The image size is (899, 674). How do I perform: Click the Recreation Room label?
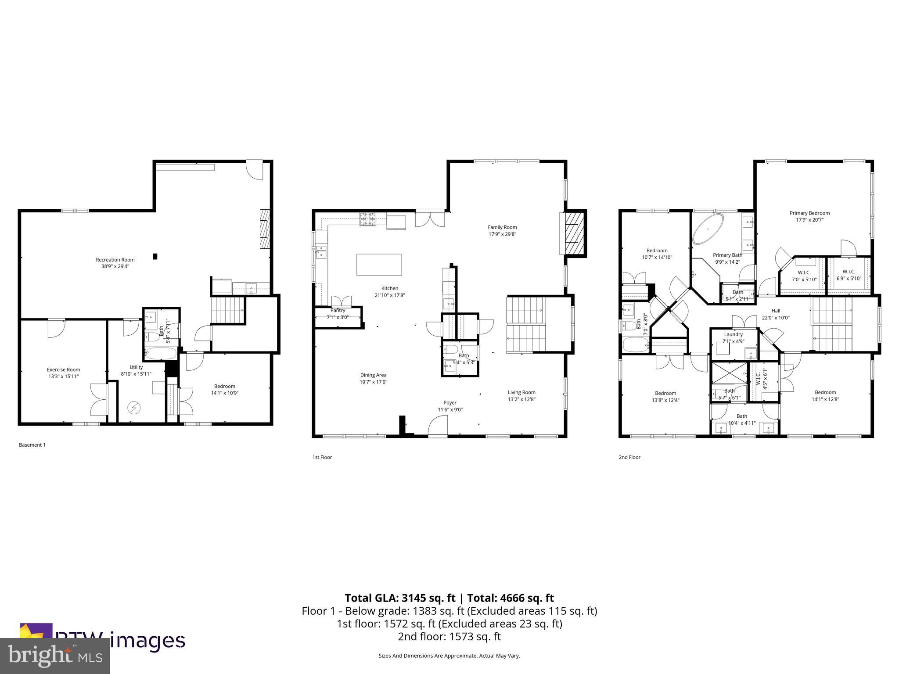(115, 260)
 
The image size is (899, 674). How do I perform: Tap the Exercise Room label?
(64, 369)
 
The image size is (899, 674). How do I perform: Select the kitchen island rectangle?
(379, 265)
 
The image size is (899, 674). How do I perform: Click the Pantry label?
(338, 310)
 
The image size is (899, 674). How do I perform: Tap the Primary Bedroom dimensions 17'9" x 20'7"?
(809, 220)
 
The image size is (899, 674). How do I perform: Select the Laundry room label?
(733, 334)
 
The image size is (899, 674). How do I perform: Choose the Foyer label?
(450, 402)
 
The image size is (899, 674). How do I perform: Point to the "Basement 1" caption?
(32, 445)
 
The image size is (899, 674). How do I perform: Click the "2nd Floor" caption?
(629, 457)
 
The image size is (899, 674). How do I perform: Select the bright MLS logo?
(55, 656)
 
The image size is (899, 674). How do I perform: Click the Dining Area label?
(373, 375)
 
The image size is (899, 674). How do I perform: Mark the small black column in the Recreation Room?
(155, 256)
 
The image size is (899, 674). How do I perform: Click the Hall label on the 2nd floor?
(776, 311)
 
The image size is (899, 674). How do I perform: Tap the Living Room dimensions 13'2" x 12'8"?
(521, 399)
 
